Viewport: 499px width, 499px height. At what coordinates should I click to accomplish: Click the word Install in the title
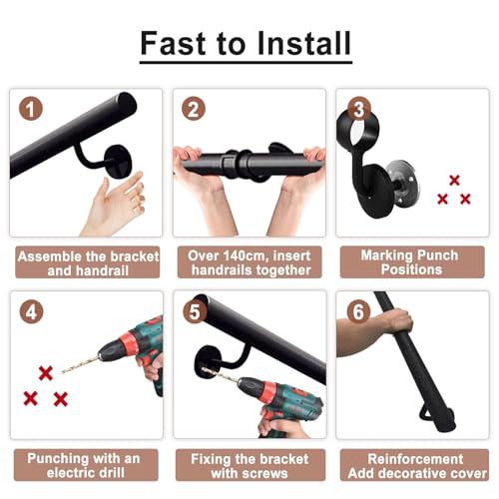pos(304,43)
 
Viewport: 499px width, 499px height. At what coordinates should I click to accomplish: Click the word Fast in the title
pos(173,43)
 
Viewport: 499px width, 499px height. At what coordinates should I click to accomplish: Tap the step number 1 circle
pos(31,109)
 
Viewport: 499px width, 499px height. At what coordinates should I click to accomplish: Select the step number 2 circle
pos(194,109)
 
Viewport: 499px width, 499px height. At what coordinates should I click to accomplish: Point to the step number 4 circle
pos(31,311)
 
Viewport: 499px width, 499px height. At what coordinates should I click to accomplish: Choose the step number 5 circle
pos(195,311)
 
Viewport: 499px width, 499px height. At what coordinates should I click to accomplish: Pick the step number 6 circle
pos(358,311)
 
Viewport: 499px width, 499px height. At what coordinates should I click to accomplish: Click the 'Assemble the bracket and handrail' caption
pos(88,263)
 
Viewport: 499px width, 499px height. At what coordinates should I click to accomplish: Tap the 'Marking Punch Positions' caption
pos(412,262)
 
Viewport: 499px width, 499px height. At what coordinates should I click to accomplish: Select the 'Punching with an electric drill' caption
pos(86,465)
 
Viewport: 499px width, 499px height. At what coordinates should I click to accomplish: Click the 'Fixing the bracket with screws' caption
pos(250,465)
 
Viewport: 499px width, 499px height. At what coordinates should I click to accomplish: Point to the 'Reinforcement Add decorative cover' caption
pos(414,465)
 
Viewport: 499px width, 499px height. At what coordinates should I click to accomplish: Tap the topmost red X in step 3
pos(454,181)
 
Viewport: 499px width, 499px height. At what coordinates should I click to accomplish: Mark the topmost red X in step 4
pos(46,373)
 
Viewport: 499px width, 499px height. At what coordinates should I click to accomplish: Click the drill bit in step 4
pos(81,364)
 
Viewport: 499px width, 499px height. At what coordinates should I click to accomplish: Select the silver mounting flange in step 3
pos(405,184)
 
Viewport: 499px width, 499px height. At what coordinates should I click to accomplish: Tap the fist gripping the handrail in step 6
pos(396,321)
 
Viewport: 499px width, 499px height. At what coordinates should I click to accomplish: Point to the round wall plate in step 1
pos(118,162)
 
